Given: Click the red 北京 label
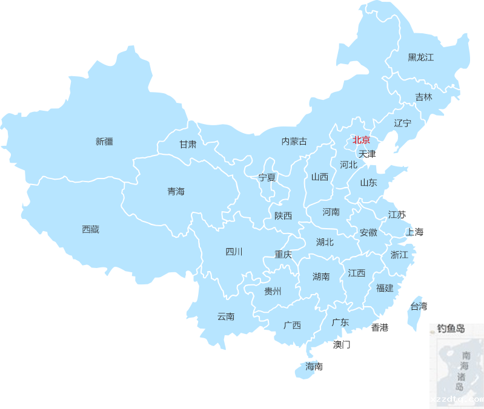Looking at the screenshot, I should pos(362,140).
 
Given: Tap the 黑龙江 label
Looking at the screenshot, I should pos(421,57).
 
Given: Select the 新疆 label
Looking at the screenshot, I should pos(104,142).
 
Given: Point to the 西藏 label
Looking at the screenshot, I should pos(91,229).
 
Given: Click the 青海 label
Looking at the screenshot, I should pos(176,191).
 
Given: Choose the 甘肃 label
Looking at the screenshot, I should pos(188,145).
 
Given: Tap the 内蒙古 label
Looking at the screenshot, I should pos(294,141).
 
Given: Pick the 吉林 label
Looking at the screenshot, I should pos(424,97).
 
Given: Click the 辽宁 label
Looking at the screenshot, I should pos(403,123).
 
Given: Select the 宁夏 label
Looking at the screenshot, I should pos(267,177).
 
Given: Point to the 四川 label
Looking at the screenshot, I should pos(234,252).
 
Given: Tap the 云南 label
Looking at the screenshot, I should pos(226,316).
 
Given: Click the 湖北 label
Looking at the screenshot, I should pos(325,242).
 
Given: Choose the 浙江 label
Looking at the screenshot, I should pos(400,255).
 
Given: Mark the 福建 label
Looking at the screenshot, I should pos(385,288).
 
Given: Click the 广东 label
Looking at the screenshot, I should pos(340,322).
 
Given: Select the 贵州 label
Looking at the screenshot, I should pos(273,291).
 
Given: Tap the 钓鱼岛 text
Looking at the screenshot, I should pos(451,329).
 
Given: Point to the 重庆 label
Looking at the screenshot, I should pos(283,255).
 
